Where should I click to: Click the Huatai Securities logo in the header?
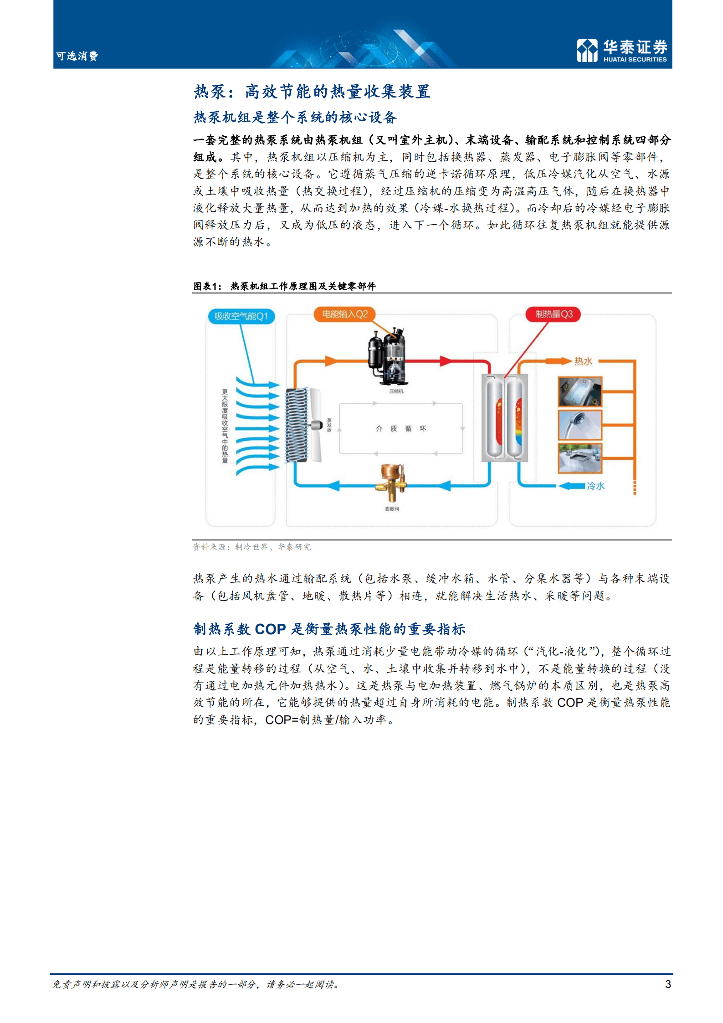(x=621, y=50)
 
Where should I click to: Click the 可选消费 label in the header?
(x=77, y=56)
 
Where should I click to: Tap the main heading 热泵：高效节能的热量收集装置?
(x=312, y=92)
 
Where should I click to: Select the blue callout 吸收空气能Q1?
(x=241, y=316)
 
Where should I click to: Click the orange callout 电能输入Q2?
(x=344, y=314)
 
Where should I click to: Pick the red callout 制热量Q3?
(x=553, y=314)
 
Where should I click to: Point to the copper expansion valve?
(x=391, y=483)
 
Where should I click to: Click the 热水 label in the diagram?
(x=583, y=361)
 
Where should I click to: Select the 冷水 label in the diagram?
(x=595, y=486)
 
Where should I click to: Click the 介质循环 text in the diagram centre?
(x=401, y=428)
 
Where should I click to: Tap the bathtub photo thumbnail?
(x=580, y=391)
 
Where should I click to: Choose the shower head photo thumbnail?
(x=580, y=425)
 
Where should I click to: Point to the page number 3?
(x=667, y=984)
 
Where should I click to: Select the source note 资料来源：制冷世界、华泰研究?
(x=251, y=547)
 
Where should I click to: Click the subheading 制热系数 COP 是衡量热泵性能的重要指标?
(x=329, y=629)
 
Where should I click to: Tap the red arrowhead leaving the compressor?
(x=445, y=361)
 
